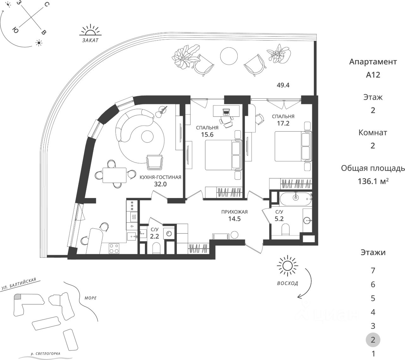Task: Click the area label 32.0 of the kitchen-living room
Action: pos(160,184)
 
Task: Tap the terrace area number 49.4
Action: pos(283,85)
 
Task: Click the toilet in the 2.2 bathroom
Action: pos(157,248)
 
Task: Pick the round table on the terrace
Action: pos(228,56)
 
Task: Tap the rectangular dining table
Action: pos(114,174)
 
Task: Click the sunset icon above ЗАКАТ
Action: pos(90,30)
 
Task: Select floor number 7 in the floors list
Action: pos(373,270)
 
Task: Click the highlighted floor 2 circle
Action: pos(373,340)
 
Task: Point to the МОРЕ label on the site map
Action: pos(90,298)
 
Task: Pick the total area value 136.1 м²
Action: pos(373,182)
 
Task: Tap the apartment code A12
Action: pos(373,75)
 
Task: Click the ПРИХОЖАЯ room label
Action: pos(234,212)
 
